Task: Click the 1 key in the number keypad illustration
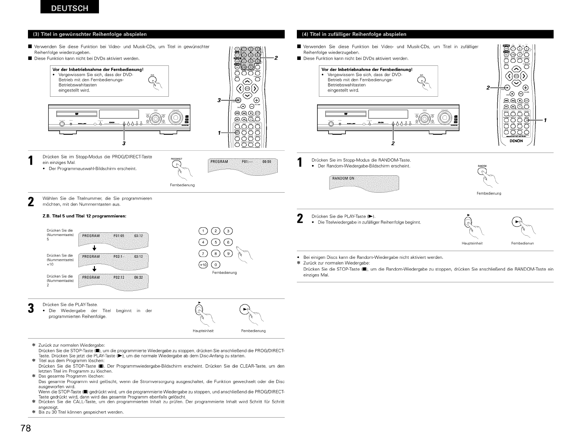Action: coord(203,231)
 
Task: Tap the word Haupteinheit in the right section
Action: coord(472,243)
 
